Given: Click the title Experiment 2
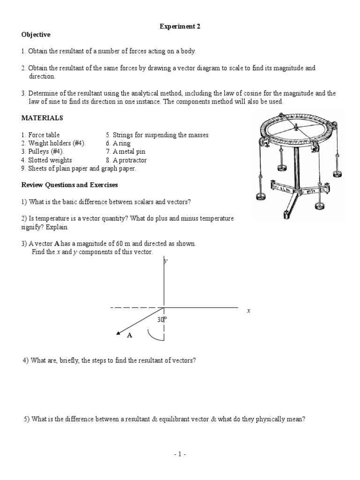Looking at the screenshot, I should (180, 27).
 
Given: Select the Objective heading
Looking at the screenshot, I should (36, 35).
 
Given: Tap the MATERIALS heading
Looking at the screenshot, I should (42, 118).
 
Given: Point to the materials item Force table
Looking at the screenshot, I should (44, 135).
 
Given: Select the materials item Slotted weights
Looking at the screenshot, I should (47, 160).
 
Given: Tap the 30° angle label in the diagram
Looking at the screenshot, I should (162, 319).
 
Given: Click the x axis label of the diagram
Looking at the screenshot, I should (249, 311).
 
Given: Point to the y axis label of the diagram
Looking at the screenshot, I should (165, 262).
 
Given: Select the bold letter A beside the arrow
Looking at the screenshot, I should (130, 335).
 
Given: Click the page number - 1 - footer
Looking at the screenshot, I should (180, 454).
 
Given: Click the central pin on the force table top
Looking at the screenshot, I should (296, 126).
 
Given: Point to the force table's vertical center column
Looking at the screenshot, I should (297, 168).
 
